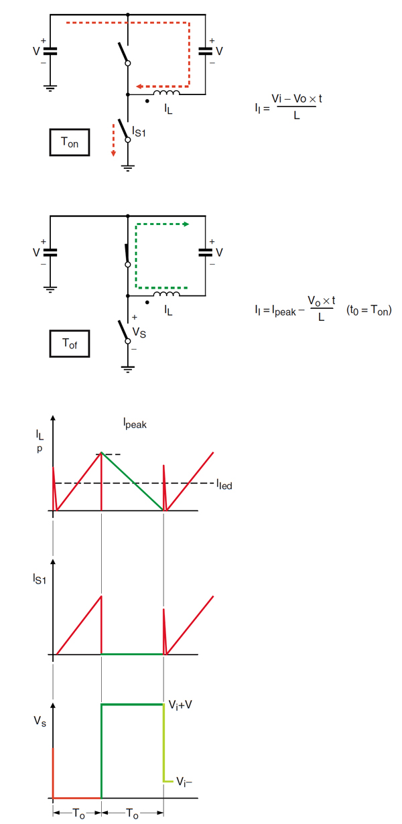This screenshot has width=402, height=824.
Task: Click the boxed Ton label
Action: pyautogui.click(x=70, y=142)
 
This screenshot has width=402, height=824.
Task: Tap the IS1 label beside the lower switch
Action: pyautogui.click(x=139, y=132)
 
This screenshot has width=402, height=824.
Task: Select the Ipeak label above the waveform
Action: pyautogui.click(x=134, y=423)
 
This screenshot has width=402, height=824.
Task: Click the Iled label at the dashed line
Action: pyautogui.click(x=224, y=484)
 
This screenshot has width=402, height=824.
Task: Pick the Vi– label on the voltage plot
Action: pyautogui.click(x=186, y=781)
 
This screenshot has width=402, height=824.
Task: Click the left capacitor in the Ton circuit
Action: pyautogui.click(x=50, y=51)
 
